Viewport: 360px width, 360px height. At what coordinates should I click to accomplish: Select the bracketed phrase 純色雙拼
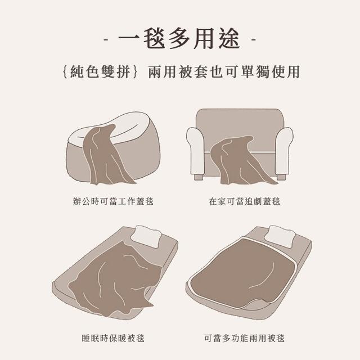(100, 72)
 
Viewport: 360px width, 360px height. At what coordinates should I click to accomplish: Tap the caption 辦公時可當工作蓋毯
(113, 201)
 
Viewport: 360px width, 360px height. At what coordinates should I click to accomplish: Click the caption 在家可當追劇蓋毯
(245, 201)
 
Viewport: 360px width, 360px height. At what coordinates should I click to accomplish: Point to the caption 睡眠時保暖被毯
(113, 338)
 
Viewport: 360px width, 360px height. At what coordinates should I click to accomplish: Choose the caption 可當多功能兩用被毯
(245, 338)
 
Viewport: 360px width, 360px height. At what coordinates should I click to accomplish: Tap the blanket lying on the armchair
(238, 161)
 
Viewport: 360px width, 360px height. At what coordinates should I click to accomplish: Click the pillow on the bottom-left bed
(146, 236)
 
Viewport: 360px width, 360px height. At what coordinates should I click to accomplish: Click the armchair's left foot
(199, 177)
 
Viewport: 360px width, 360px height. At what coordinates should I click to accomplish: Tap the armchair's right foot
(281, 177)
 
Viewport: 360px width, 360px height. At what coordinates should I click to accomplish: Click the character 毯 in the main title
(154, 39)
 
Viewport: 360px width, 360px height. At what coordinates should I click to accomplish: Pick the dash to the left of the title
(106, 40)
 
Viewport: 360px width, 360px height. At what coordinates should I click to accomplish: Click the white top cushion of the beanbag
(115, 129)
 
